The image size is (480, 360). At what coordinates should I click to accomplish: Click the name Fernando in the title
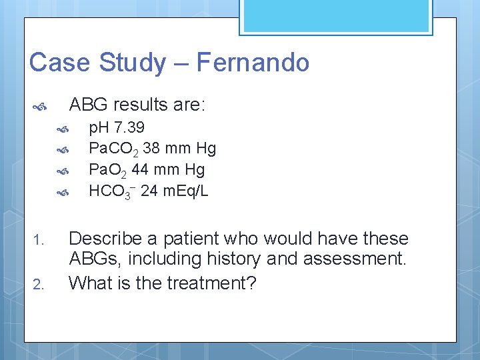pyautogui.click(x=253, y=63)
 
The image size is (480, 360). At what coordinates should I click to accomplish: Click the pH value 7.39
pyautogui.click(x=129, y=127)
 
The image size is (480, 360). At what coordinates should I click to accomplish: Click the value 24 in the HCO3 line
pyautogui.click(x=149, y=191)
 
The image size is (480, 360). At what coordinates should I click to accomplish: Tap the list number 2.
pyautogui.click(x=38, y=285)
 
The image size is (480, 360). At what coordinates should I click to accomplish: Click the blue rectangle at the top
pyautogui.click(x=336, y=17)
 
